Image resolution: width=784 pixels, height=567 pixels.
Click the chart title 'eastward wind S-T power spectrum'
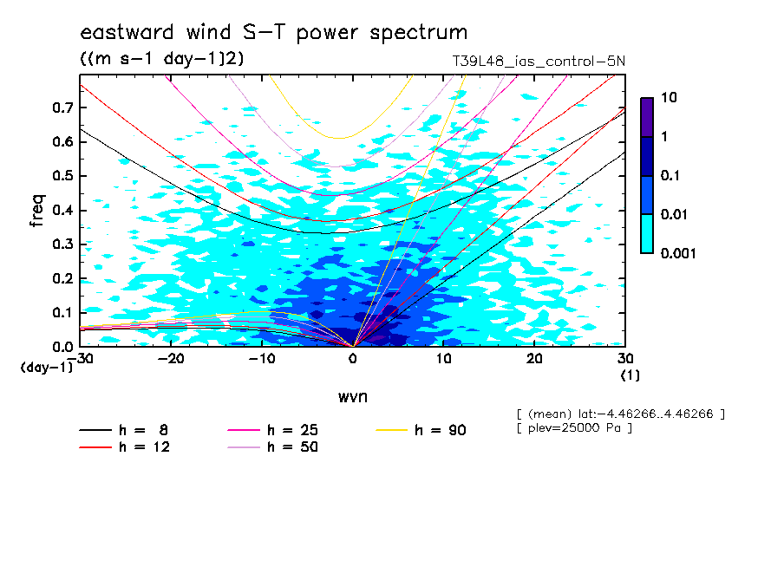point(274,33)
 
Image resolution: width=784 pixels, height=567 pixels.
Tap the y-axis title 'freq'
point(37,211)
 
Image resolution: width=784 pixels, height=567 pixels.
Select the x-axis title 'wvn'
point(353,397)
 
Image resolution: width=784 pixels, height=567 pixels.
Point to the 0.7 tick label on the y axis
point(62,108)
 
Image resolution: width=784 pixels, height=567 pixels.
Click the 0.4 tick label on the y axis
point(62,210)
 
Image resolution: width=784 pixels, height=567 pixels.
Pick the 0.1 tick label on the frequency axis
point(62,312)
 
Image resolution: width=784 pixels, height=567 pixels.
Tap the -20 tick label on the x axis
point(171,359)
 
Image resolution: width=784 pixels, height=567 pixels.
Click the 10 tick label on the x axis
point(443,359)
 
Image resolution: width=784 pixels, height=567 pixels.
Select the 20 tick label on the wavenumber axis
point(534,359)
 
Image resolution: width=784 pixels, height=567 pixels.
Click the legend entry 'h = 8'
point(124,430)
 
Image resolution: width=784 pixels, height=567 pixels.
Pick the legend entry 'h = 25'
point(273,430)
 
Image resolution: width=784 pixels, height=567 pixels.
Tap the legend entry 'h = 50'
point(273,446)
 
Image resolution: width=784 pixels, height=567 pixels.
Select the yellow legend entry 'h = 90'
point(421,430)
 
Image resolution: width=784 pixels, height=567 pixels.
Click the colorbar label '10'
point(669,97)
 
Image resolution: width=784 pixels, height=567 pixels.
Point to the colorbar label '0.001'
point(678,253)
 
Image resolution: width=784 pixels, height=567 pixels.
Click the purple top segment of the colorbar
point(647,118)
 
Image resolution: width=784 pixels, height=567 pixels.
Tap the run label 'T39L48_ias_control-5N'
point(539,62)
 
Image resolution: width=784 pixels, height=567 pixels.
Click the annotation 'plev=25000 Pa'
point(574,428)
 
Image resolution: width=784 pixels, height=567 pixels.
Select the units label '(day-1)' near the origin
point(47,368)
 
